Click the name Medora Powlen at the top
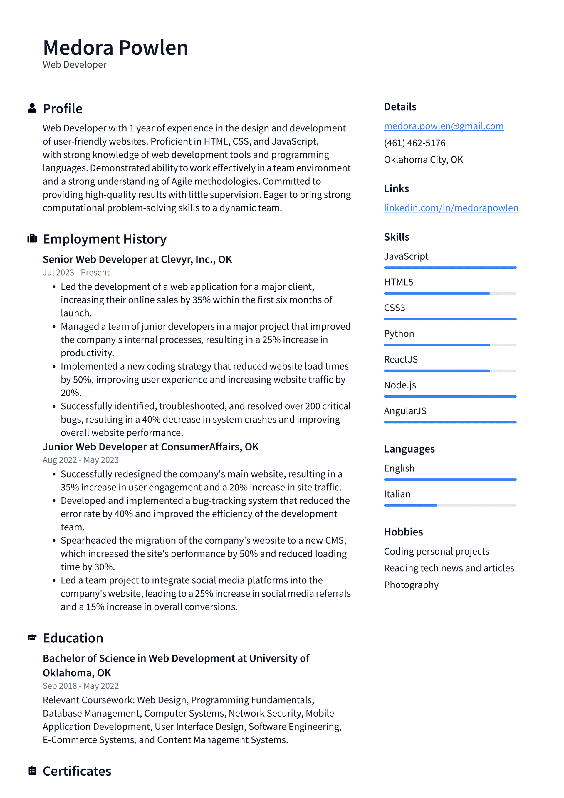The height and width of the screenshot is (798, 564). point(115,48)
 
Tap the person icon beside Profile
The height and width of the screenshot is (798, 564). point(32,108)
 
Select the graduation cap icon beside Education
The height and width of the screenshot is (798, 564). point(32,637)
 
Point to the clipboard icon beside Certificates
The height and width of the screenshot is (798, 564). point(32,771)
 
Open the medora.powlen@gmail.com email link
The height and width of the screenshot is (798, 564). point(444,126)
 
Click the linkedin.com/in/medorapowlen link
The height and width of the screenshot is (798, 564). point(451,208)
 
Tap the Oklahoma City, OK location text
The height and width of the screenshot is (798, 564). point(423,160)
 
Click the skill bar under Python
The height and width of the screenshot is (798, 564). point(450,345)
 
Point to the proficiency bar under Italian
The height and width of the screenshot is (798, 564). point(450,505)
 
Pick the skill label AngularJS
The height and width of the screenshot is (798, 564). point(405,411)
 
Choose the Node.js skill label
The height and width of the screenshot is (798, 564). point(400,385)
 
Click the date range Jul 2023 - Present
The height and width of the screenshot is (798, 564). point(76,273)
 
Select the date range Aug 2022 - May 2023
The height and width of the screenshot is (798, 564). point(80,460)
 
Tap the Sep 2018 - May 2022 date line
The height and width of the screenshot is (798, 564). point(80,686)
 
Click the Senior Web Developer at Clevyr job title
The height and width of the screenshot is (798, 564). point(137,259)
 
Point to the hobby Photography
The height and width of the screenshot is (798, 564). point(411,585)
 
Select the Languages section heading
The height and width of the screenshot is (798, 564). point(409,449)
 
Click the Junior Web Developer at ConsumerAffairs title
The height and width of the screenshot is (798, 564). point(150,447)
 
